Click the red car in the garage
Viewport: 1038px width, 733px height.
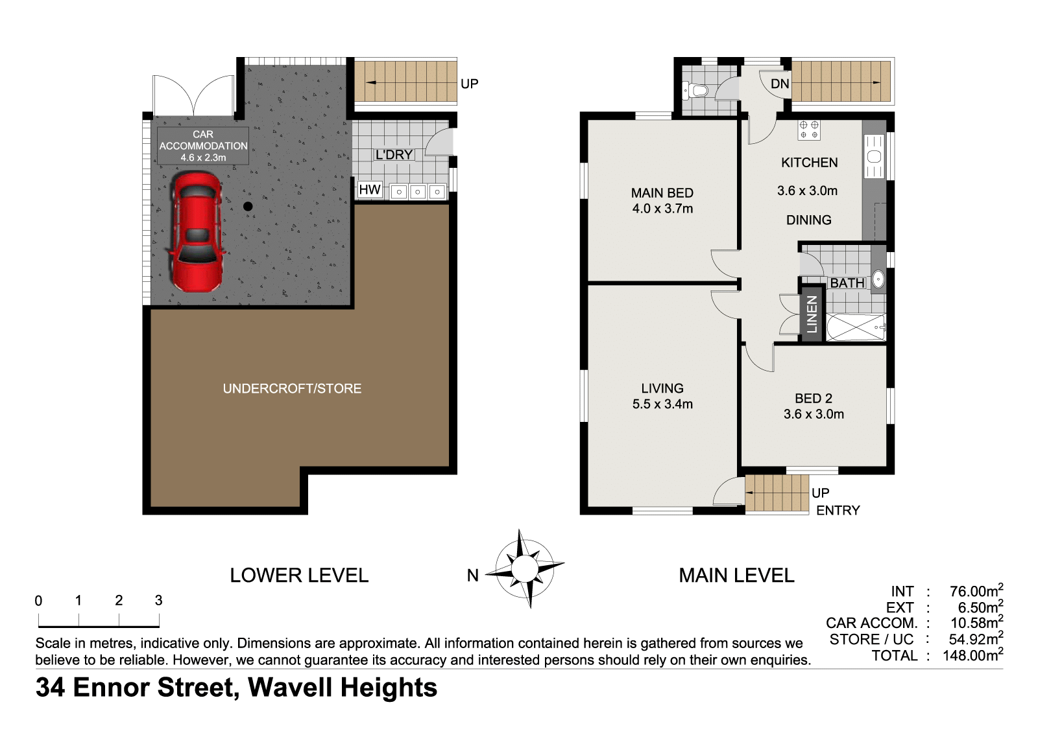pyautogui.click(x=197, y=231)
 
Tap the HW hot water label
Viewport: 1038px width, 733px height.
pyautogui.click(x=369, y=189)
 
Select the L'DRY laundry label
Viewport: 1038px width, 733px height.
pyautogui.click(x=394, y=155)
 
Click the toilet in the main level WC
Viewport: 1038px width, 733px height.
pyautogui.click(x=695, y=89)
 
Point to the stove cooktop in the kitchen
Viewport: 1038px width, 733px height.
pyautogui.click(x=809, y=130)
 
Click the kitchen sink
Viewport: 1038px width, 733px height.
pyautogui.click(x=875, y=156)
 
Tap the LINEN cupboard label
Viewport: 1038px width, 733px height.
pyautogui.click(x=812, y=314)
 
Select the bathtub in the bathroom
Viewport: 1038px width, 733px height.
pyautogui.click(x=856, y=327)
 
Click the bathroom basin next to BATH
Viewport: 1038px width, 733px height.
pyautogui.click(x=878, y=280)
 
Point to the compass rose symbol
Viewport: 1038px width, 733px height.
pyautogui.click(x=525, y=568)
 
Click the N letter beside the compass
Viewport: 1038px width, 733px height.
pyautogui.click(x=473, y=576)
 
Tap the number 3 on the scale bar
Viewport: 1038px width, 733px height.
pyautogui.click(x=158, y=601)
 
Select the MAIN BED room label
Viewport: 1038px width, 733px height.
pyautogui.click(x=662, y=192)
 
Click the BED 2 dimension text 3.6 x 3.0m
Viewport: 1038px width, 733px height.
pyautogui.click(x=814, y=414)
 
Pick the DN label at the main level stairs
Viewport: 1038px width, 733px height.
pyautogui.click(x=780, y=84)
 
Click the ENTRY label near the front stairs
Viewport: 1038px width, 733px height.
pyautogui.click(x=838, y=510)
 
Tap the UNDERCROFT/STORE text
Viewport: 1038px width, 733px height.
pyautogui.click(x=292, y=388)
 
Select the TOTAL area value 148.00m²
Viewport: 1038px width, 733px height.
pyautogui.click(x=973, y=655)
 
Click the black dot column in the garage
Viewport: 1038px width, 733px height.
pyautogui.click(x=248, y=207)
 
